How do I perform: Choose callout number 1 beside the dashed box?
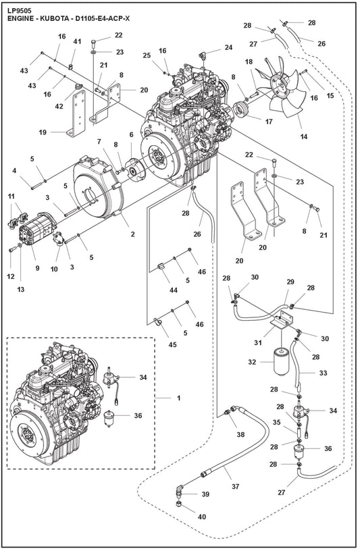tap(178, 398)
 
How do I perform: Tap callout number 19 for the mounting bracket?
tap(43, 132)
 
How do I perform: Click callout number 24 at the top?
tap(228, 47)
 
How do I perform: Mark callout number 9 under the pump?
tap(37, 257)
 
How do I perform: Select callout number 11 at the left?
tap(11, 196)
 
